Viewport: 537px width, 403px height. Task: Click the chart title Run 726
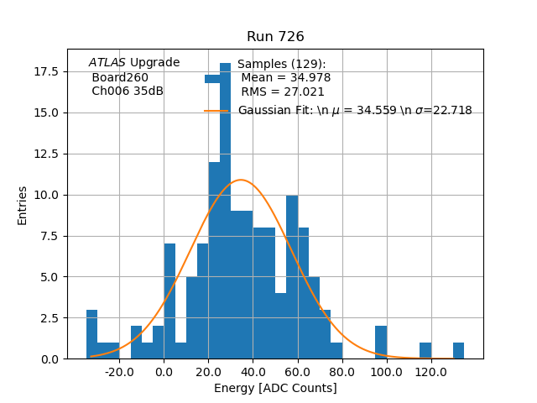click(275, 37)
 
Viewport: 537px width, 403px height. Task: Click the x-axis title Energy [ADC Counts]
click(275, 388)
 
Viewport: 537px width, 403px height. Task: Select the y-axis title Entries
click(23, 205)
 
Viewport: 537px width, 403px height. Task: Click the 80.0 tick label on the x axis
click(341, 371)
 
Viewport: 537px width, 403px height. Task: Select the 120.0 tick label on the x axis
click(430, 371)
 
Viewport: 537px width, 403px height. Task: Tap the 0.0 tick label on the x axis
click(164, 371)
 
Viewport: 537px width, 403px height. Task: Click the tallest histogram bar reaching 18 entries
click(225, 210)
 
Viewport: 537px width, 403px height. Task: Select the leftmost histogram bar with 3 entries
click(91, 334)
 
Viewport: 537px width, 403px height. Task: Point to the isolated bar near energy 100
click(381, 343)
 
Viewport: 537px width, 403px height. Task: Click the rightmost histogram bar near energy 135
click(458, 351)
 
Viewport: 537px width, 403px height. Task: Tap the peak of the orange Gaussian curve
click(241, 180)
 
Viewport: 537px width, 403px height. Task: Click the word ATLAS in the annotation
click(107, 63)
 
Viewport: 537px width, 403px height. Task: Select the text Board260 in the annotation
click(120, 77)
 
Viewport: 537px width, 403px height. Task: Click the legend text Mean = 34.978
click(285, 78)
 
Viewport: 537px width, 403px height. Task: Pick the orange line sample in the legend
click(216, 111)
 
